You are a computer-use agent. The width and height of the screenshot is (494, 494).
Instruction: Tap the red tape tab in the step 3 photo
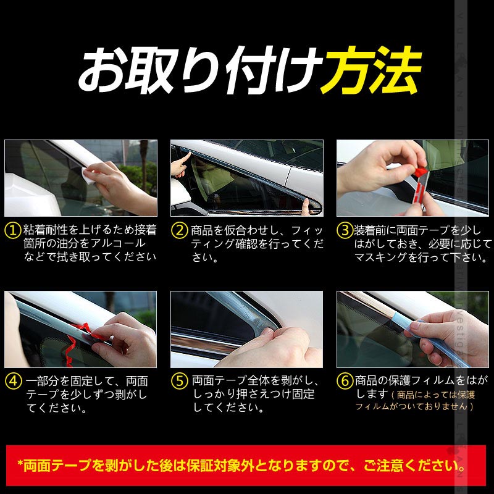pyautogui.click(x=421, y=167)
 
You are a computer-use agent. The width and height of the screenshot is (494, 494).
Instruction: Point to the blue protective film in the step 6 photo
pyautogui.click(x=426, y=330)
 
